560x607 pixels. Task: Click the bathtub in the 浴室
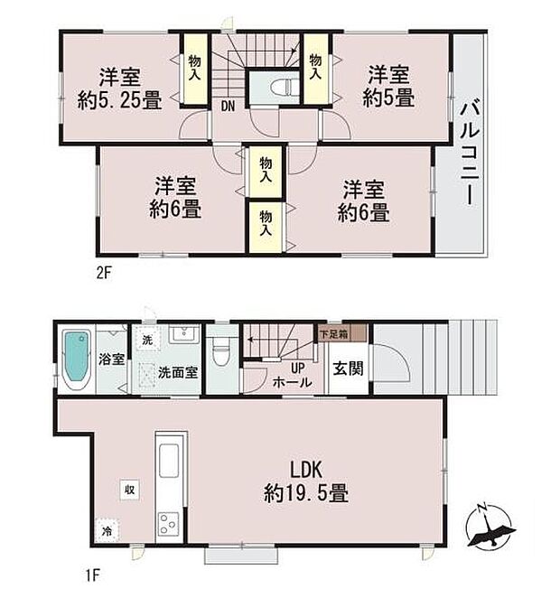pyautogui.click(x=77, y=360)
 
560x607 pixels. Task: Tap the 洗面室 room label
pyautogui.click(x=178, y=372)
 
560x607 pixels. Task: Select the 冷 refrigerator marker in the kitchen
pyautogui.click(x=107, y=531)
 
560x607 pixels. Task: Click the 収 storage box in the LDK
pyautogui.click(x=129, y=490)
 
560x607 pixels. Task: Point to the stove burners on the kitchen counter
pyautogui.click(x=169, y=523)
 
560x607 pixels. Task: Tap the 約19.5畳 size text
pyautogui.click(x=306, y=493)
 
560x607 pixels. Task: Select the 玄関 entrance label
pyautogui.click(x=349, y=369)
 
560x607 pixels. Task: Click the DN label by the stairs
pyautogui.click(x=228, y=107)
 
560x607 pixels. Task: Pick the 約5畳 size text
pyautogui.click(x=388, y=98)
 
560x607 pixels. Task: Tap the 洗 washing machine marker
pyautogui.click(x=147, y=340)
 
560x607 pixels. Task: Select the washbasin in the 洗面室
pyautogui.click(x=184, y=333)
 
